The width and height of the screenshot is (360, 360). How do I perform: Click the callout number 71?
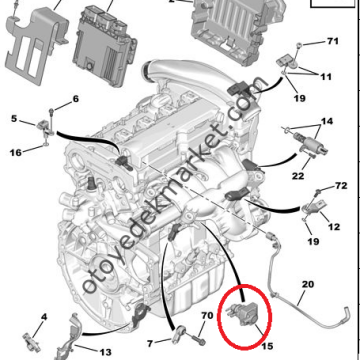point(332,41)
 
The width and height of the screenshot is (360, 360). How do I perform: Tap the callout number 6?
point(76,99)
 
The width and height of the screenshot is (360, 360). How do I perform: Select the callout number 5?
point(14,119)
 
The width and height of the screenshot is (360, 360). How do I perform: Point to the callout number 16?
point(16,153)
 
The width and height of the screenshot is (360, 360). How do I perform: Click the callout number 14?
point(327,121)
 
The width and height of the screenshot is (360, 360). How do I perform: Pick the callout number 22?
point(298,175)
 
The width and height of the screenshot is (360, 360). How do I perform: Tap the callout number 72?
point(340,185)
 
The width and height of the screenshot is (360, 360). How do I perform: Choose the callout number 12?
point(334,227)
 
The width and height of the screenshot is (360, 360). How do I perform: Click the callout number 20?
point(308,285)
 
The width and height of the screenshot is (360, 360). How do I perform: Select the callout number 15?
point(267,346)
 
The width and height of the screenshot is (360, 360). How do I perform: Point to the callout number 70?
point(207,315)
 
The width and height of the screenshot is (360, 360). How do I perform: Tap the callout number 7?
point(150,342)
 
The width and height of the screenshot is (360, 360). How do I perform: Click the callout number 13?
point(105,352)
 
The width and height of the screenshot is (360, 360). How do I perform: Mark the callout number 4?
point(44,317)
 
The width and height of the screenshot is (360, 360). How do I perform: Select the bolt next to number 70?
point(199,340)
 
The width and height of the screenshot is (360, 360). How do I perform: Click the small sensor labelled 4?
point(32,342)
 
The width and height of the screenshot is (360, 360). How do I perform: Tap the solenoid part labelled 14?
point(307,142)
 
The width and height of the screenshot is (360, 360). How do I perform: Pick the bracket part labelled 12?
point(313,207)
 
